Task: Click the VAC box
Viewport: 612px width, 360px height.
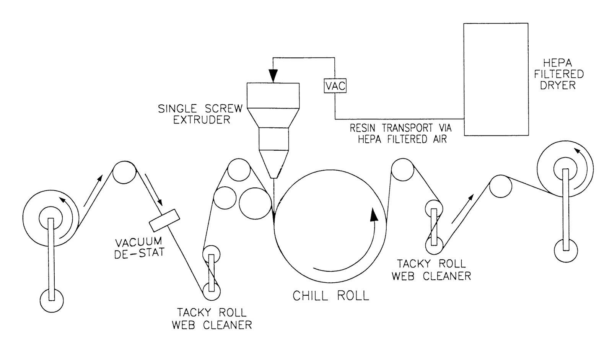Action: (x=335, y=86)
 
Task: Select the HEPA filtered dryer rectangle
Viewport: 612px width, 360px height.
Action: (x=496, y=79)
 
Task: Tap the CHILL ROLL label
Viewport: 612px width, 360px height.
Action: (x=331, y=295)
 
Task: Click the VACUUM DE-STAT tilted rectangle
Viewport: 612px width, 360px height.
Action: (x=164, y=220)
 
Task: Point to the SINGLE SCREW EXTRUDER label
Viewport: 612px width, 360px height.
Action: (x=200, y=114)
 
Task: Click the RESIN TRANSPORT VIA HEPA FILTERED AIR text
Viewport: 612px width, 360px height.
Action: (x=402, y=134)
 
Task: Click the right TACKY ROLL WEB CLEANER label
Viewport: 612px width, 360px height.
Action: (x=431, y=269)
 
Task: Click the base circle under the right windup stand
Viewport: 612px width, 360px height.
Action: (x=566, y=251)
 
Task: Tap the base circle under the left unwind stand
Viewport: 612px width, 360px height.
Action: (x=52, y=300)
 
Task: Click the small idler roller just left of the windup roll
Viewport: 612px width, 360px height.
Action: (x=501, y=186)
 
